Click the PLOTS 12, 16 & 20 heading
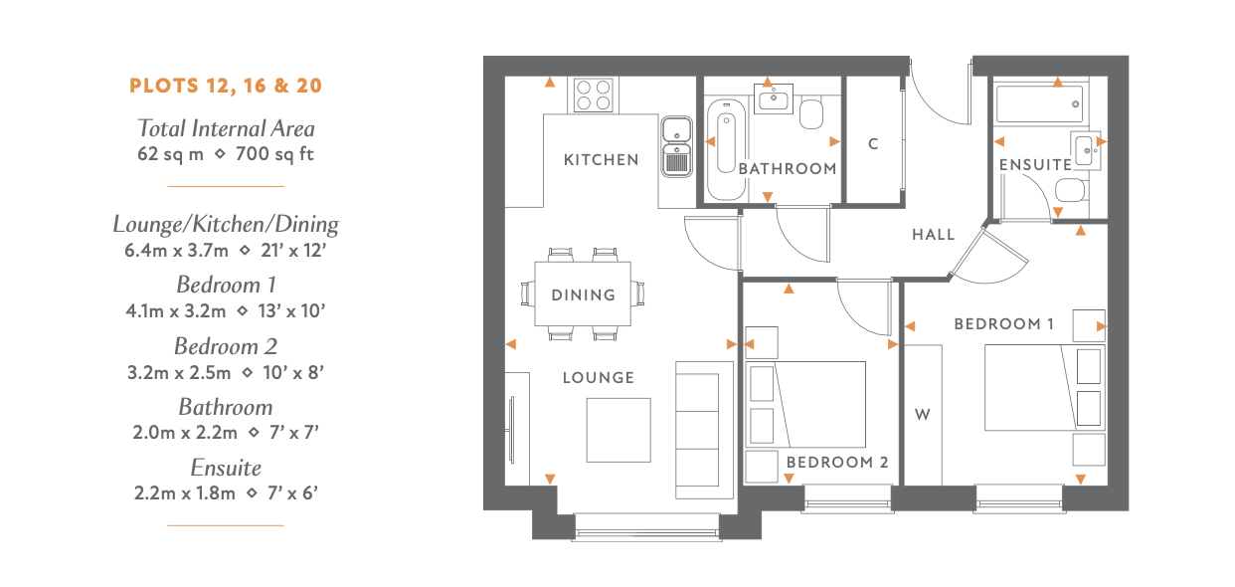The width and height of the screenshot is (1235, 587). [226, 87]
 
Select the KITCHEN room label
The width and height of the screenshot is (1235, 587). [601, 160]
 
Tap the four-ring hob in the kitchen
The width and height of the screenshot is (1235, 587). [594, 95]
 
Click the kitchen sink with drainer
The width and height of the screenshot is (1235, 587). [676, 146]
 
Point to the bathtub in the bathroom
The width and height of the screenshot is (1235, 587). [726, 149]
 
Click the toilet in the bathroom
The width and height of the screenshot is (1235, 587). [810, 113]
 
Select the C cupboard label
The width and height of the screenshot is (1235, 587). [873, 144]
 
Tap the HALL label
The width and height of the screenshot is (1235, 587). [933, 235]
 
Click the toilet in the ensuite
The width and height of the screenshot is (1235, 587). [1071, 191]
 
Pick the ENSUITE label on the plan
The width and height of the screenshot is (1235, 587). [1035, 165]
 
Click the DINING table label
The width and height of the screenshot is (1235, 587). [584, 295]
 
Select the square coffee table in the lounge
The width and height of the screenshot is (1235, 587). [618, 430]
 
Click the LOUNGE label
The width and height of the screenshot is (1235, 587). [599, 378]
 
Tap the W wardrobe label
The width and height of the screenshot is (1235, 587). [923, 414]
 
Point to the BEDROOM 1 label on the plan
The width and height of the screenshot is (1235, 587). [1003, 323]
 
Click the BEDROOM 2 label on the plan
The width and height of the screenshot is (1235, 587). [837, 463]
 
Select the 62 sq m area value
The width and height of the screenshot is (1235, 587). [170, 154]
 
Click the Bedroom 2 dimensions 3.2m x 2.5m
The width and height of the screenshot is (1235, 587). [179, 373]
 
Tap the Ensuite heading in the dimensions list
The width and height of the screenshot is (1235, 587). [226, 468]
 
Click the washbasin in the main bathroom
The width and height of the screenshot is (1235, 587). [773, 98]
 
